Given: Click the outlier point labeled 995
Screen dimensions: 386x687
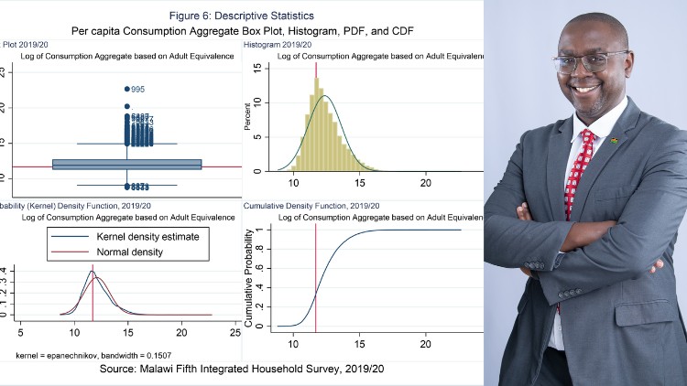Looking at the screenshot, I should (x=126, y=89).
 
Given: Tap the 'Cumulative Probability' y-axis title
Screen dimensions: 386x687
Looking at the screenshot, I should (x=248, y=274).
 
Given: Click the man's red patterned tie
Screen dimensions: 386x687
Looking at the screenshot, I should (x=578, y=174).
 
